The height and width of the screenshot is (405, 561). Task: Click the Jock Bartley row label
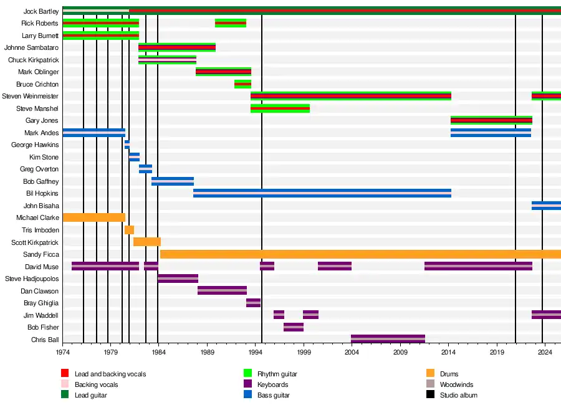pos(41,11)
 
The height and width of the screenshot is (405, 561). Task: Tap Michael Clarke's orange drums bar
pos(93,217)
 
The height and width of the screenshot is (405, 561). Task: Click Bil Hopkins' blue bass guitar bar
pos(322,193)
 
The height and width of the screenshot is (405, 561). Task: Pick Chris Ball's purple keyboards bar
pos(388,339)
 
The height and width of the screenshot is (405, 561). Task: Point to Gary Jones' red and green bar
pos(491,120)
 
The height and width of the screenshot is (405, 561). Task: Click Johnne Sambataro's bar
pos(177,47)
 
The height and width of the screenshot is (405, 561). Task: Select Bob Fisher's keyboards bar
pos(294,327)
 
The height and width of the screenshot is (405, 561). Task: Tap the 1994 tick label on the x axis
pos(256,353)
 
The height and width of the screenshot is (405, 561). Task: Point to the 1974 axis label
pos(62,353)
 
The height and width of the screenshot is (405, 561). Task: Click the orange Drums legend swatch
pos(430,374)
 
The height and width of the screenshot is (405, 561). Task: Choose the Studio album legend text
pos(458,395)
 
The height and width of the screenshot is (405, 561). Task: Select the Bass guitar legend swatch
pos(247,395)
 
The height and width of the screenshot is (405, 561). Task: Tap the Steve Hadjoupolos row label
pos(32,279)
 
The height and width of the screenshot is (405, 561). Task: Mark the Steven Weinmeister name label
pos(31,96)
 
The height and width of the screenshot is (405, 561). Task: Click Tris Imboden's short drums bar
pos(129,230)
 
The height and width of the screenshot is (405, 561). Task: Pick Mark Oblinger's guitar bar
pos(223,72)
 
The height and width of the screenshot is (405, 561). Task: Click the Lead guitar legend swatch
pos(65,395)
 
